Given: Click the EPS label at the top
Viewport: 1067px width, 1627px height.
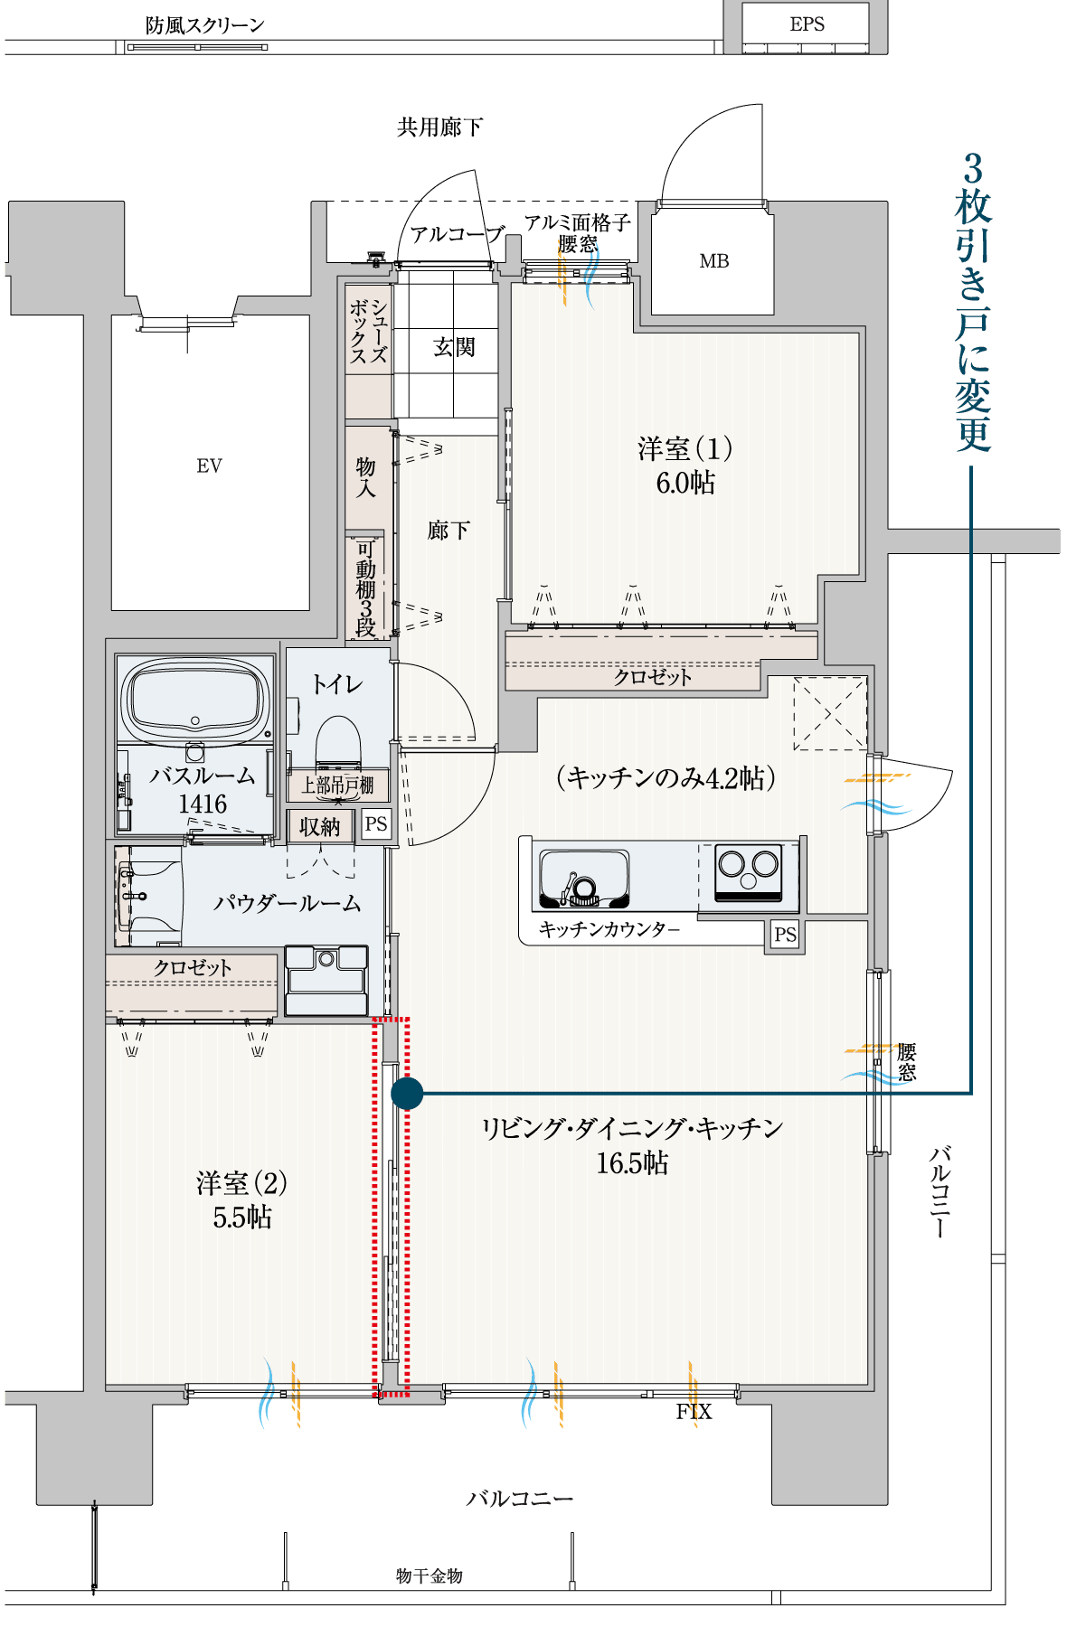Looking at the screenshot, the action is [x=807, y=24].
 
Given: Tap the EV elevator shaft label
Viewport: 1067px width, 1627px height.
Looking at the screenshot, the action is [x=209, y=466].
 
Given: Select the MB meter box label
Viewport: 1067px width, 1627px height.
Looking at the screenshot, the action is [x=713, y=261].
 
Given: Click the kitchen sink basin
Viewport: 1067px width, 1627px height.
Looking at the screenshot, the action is [x=584, y=878].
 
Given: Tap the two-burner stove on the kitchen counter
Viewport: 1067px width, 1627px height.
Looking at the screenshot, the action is [x=748, y=872].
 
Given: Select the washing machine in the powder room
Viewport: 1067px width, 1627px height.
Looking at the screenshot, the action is [x=326, y=980].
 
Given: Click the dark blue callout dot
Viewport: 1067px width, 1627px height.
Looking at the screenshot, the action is [x=407, y=1093].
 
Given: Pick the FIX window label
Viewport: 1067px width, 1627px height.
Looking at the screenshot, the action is [x=694, y=1412].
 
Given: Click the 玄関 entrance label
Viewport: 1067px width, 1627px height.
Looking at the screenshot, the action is [x=454, y=347].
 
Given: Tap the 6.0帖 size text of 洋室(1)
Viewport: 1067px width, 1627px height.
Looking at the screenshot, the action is [x=685, y=483].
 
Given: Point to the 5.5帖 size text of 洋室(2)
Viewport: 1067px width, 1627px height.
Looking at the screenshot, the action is [x=242, y=1217].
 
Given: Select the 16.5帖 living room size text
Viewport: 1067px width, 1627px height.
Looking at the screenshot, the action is [x=632, y=1162].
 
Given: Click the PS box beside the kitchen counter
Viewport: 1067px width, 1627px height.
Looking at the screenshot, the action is [x=785, y=935].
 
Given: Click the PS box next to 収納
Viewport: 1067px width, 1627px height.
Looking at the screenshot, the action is [x=376, y=824].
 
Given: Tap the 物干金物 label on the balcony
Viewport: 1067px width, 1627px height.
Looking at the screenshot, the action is [x=430, y=1575].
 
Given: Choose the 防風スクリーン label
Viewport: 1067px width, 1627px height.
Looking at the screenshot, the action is [x=205, y=25].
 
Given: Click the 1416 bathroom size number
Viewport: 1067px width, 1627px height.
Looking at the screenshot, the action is [x=203, y=804].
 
